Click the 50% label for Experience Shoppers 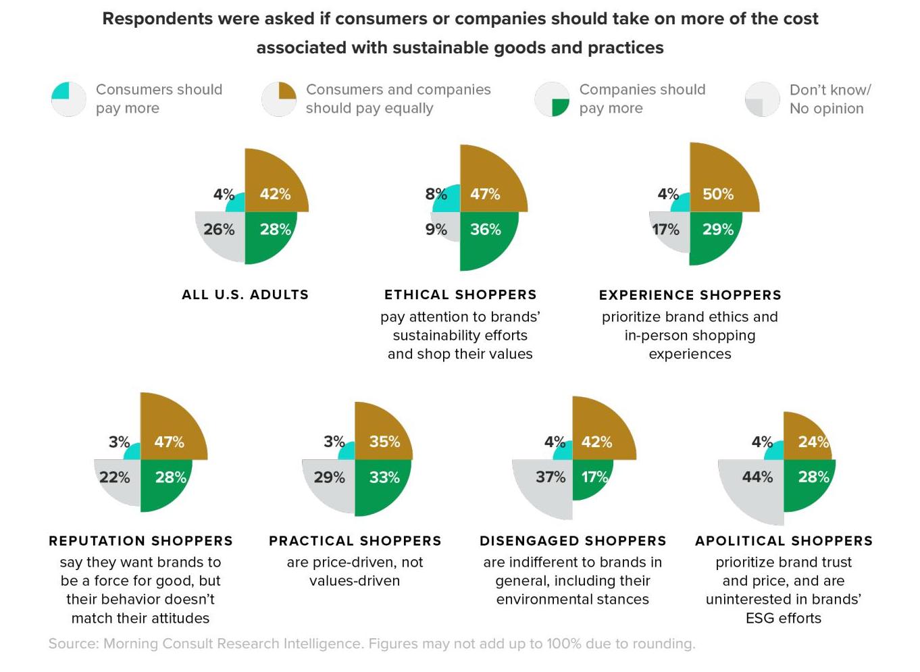coord(717,195)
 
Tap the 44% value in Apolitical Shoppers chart coord(757,477)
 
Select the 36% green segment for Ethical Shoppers coord(486,236)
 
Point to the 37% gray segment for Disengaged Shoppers coord(546,486)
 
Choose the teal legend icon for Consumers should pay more coord(69,99)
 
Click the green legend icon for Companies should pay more coord(552,99)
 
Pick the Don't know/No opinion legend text coord(829,99)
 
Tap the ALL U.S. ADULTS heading coord(245,294)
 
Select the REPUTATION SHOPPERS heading coord(140,541)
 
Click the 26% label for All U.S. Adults coord(219,230)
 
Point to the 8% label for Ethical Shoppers coord(436,195)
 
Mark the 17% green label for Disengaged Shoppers coord(594,477)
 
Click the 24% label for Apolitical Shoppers coord(813,442)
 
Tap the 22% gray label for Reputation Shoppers coord(114,477)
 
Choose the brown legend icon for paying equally coord(279,99)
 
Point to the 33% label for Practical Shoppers coord(384,477)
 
